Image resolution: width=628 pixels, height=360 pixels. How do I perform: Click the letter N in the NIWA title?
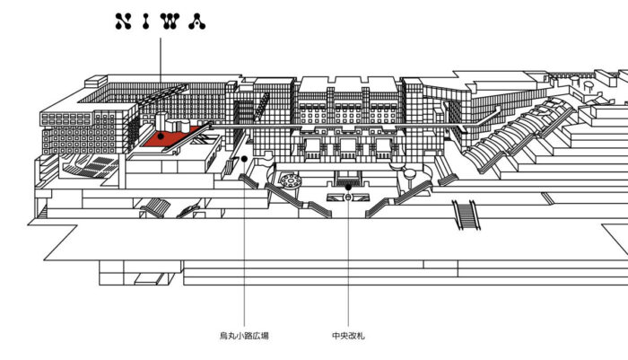123,22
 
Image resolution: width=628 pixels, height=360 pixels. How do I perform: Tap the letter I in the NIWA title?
146,22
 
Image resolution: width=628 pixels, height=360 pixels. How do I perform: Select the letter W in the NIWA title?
170,22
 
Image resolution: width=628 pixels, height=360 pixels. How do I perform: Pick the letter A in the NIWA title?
197,22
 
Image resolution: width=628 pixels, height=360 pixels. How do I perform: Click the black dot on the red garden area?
161,136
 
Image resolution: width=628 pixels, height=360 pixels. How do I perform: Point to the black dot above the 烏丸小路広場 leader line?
244,159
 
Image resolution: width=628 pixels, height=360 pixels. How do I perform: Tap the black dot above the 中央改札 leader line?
348,188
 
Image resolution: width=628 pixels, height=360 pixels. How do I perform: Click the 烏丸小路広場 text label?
244,336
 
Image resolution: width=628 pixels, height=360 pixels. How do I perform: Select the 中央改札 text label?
348,336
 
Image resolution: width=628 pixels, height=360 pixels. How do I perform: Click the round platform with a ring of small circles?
291,180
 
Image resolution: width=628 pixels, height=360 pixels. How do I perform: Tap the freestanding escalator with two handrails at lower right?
467,215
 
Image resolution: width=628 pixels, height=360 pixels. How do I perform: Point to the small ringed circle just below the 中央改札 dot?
348,197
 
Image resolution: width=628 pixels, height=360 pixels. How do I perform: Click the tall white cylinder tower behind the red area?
161,120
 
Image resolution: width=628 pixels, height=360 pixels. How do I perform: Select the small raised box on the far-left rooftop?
95,81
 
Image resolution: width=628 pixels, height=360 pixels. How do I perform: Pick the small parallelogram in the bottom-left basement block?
149,278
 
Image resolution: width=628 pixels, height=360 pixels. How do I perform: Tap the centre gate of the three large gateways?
348,149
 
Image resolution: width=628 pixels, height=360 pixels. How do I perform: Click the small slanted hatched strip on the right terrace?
547,198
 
